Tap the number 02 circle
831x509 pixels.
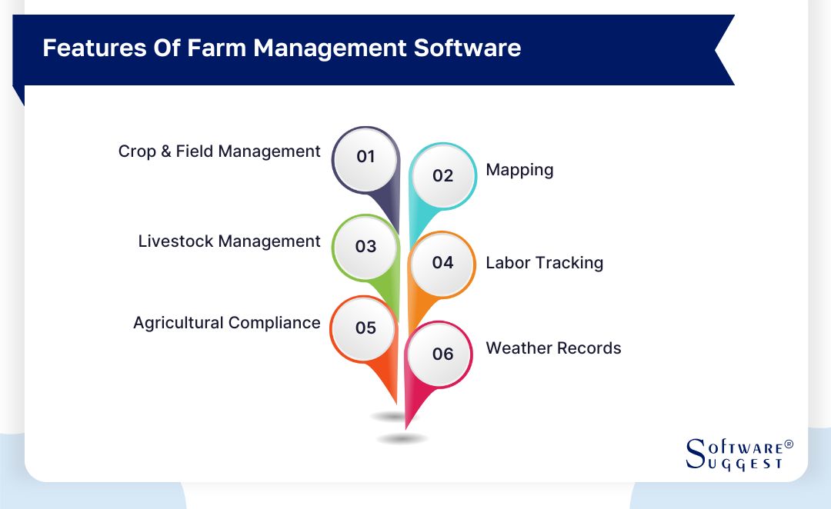[x=442, y=176]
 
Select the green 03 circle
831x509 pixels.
[x=365, y=247]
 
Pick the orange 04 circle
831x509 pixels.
[x=442, y=263]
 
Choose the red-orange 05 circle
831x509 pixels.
[x=365, y=328]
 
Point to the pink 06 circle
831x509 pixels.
[x=442, y=354]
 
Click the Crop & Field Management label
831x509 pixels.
[x=219, y=151]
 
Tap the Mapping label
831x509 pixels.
[x=519, y=170]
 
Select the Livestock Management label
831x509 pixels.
[x=229, y=241]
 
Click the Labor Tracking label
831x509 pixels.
[x=544, y=263]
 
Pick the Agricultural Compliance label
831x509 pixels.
[x=227, y=323]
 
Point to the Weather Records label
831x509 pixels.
[x=553, y=348]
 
